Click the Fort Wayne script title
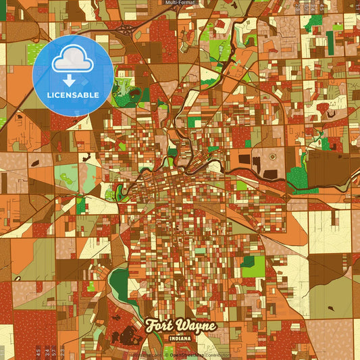click(x=181, y=325)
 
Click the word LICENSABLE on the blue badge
click(x=72, y=94)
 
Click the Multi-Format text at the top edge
click(x=180, y=3)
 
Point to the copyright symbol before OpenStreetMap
click(x=165, y=355)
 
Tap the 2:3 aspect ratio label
click(x=62, y=352)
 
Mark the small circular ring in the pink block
click(x=273, y=156)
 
